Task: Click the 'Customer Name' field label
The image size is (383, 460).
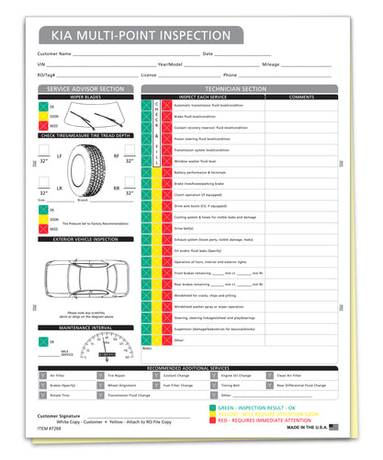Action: click(53, 54)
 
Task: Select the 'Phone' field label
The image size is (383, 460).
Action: click(230, 75)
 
